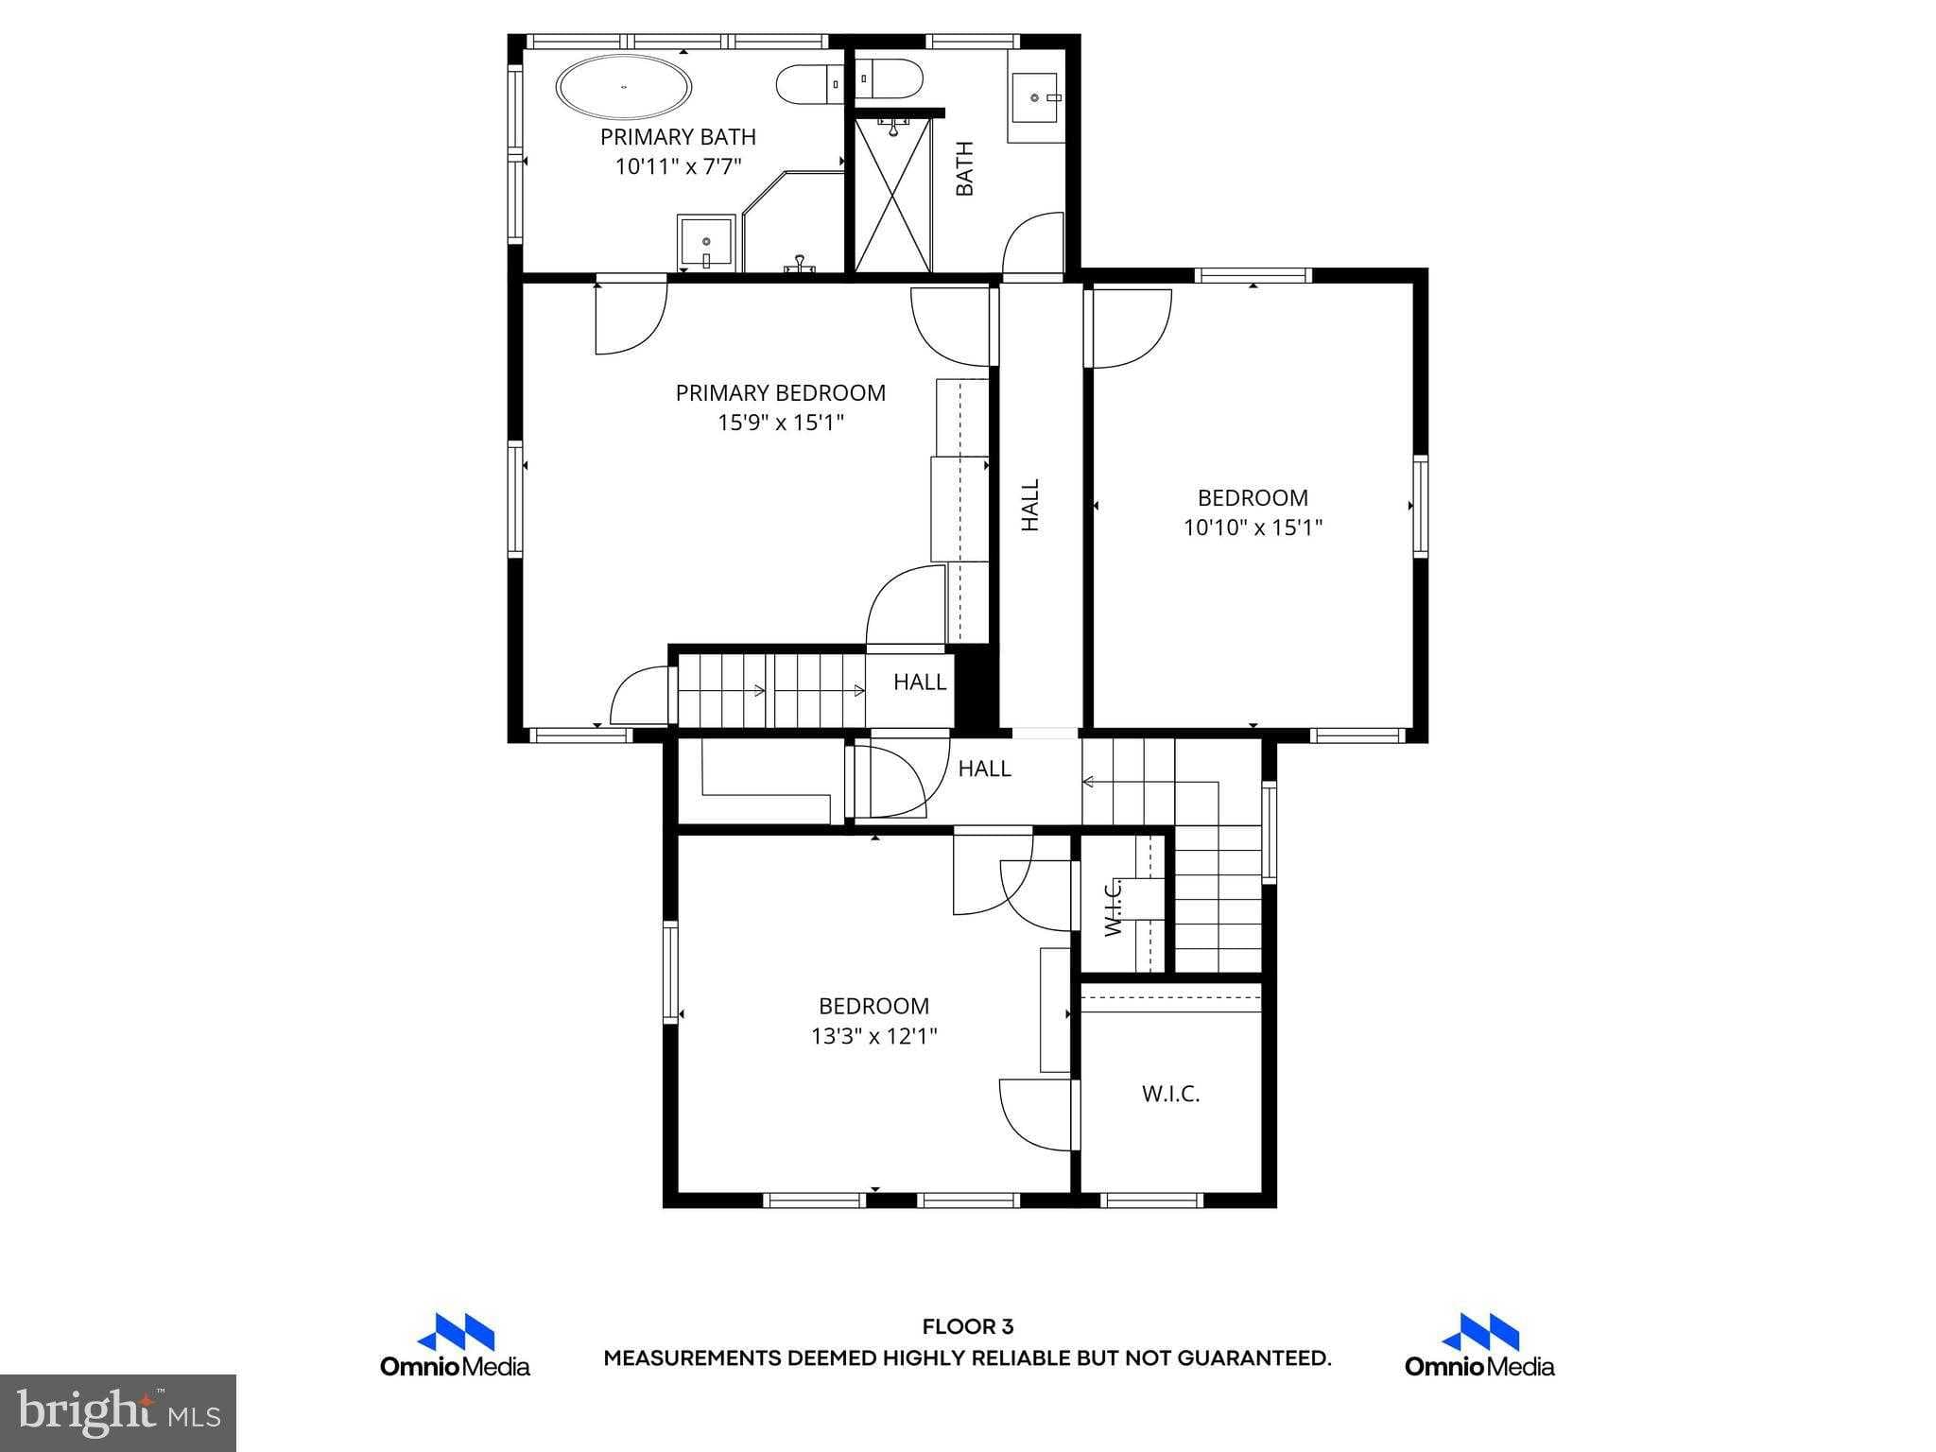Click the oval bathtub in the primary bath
[x=624, y=87]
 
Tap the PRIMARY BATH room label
[x=678, y=137]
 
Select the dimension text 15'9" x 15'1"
[x=780, y=423]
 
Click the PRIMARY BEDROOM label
[x=780, y=393]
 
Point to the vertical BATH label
[x=964, y=168]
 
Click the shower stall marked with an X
[x=892, y=194]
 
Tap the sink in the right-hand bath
[x=1037, y=97]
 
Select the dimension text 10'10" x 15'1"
[x=1253, y=527]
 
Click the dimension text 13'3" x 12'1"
[x=873, y=1036]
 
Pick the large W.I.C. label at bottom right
[x=1170, y=1094]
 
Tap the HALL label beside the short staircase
[x=919, y=682]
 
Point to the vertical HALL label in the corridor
[x=1029, y=505]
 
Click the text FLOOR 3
[x=967, y=1327]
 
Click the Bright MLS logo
[x=117, y=1412]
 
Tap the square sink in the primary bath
[x=706, y=242]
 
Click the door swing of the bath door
[x=1032, y=245]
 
